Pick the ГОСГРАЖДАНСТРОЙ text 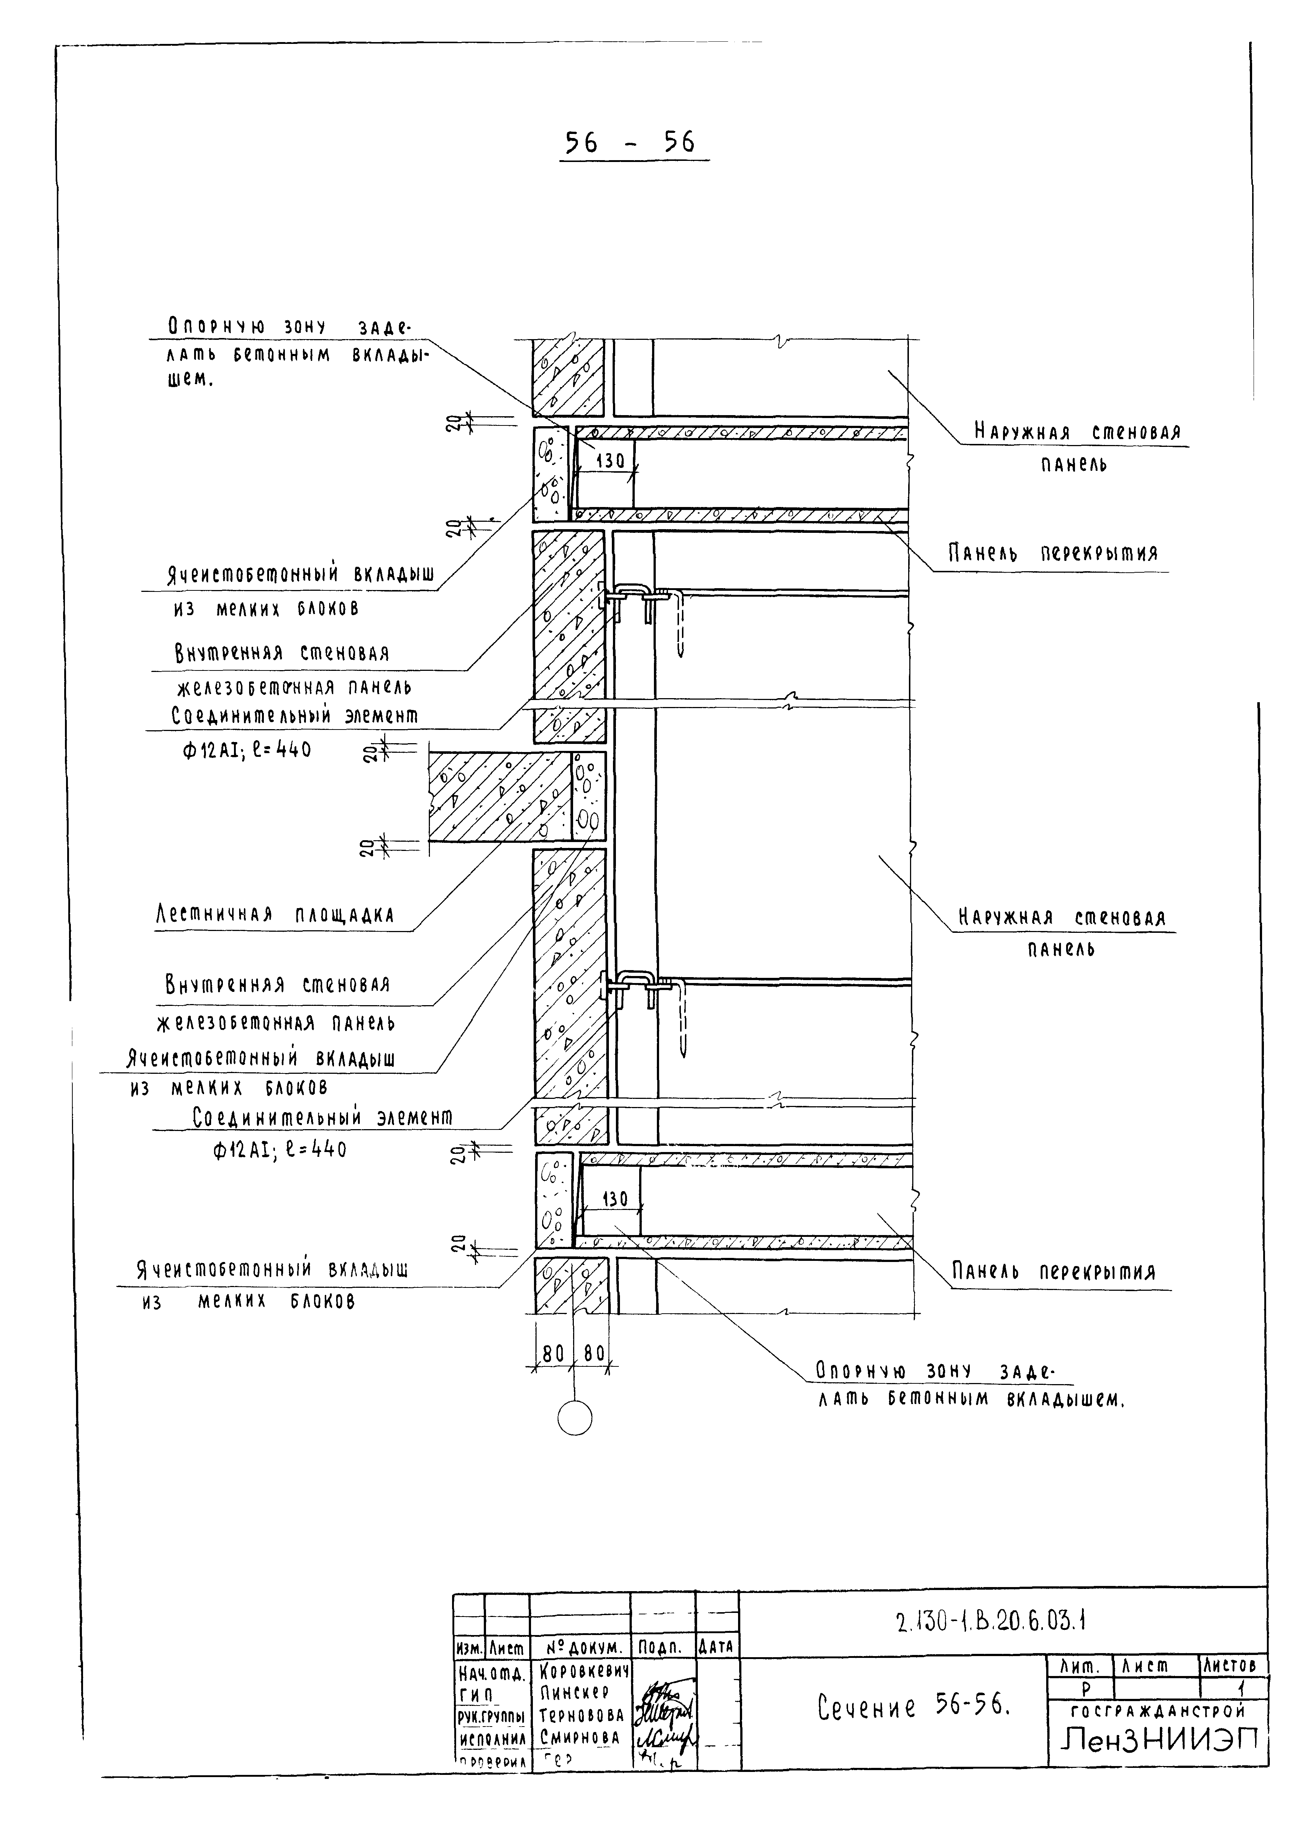click(x=1158, y=1711)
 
